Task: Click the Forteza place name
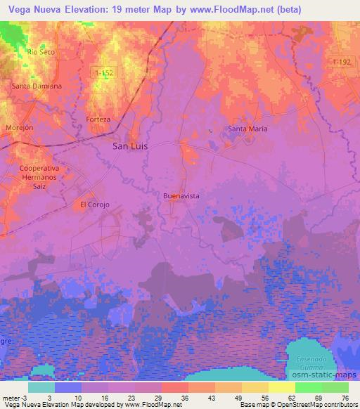click(98, 119)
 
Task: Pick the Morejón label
click(20, 129)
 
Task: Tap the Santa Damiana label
click(37, 86)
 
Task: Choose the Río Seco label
click(41, 52)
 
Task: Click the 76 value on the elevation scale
click(344, 397)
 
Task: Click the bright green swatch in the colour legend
click(307, 387)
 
